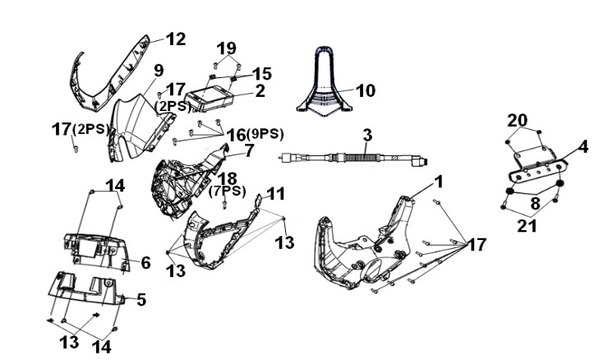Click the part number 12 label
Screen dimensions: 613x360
click(x=176, y=39)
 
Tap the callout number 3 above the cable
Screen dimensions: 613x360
click(x=367, y=136)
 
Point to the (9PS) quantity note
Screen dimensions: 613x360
click(x=265, y=134)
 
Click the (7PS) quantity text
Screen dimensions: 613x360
click(x=227, y=192)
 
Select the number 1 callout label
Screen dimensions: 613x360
click(x=440, y=182)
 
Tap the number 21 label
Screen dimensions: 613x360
click(x=527, y=226)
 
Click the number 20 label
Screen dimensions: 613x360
click(x=517, y=120)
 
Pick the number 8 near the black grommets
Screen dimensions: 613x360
click(x=534, y=203)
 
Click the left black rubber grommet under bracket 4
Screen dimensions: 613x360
click(x=509, y=192)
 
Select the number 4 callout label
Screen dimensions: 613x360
click(x=583, y=147)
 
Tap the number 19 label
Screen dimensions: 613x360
click(x=226, y=48)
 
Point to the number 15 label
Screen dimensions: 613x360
click(x=262, y=73)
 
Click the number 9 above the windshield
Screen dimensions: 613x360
click(x=159, y=71)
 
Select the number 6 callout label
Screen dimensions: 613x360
click(x=145, y=263)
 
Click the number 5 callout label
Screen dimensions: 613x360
click(x=141, y=300)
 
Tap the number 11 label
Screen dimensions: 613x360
click(x=276, y=194)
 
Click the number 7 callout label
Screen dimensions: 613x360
click(x=250, y=151)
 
